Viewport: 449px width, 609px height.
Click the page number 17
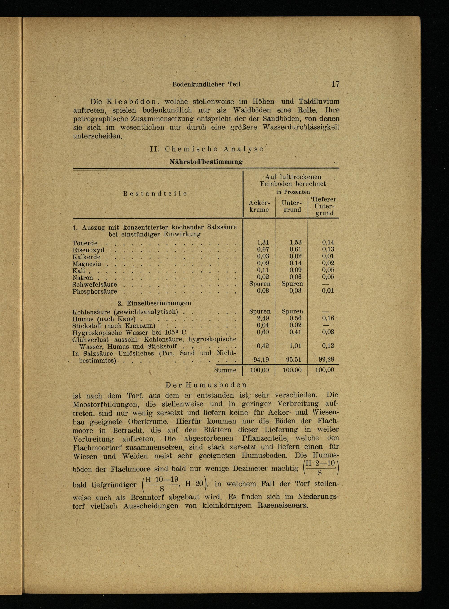335,84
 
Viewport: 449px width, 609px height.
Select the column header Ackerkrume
259,206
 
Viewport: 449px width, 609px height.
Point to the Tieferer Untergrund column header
324,206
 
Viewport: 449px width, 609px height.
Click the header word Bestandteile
155,194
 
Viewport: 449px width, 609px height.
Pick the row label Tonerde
85,243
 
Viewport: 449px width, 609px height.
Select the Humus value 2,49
259,318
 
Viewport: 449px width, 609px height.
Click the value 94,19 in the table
259,360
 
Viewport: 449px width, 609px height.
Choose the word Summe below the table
225,370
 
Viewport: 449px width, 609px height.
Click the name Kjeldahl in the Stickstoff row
139,325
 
